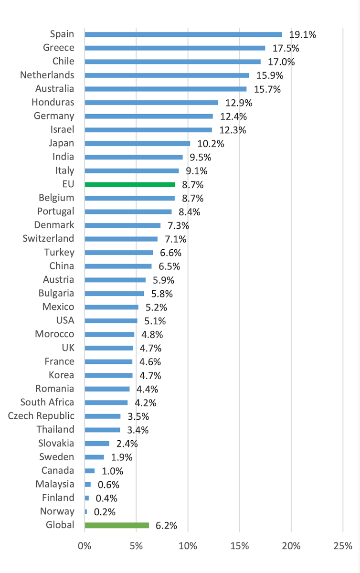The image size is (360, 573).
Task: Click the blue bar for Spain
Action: pyautogui.click(x=183, y=34)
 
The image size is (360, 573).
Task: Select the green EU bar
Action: pyautogui.click(x=130, y=184)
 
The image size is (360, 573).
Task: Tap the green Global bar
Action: pyautogui.click(x=117, y=525)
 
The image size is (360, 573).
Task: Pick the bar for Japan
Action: pyautogui.click(x=138, y=143)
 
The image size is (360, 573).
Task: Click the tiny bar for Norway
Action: pyautogui.click(x=86, y=512)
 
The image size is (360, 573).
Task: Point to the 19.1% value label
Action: pyautogui.click(x=303, y=34)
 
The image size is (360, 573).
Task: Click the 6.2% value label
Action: pyautogui.click(x=167, y=525)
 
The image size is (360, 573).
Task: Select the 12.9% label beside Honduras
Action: pyautogui.click(x=239, y=103)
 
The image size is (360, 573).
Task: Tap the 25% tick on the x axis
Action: pyautogui.click(x=343, y=545)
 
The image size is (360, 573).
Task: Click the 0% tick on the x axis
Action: pyautogui.click(x=85, y=545)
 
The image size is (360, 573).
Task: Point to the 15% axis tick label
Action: pyautogui.click(x=240, y=545)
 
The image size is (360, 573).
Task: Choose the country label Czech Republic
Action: pyautogui.click(x=41, y=416)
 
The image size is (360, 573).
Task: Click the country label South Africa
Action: pyautogui.click(x=47, y=402)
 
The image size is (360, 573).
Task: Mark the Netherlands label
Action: pyautogui.click(x=47, y=75)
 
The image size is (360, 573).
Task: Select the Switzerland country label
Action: pyautogui.click(x=48, y=239)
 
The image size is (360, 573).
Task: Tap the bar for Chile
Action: pyautogui.click(x=173, y=62)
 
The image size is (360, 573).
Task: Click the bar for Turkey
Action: pyautogui.click(x=119, y=253)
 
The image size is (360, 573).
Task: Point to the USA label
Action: pyautogui.click(x=65, y=320)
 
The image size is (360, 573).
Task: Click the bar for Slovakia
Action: pyautogui.click(x=97, y=444)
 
